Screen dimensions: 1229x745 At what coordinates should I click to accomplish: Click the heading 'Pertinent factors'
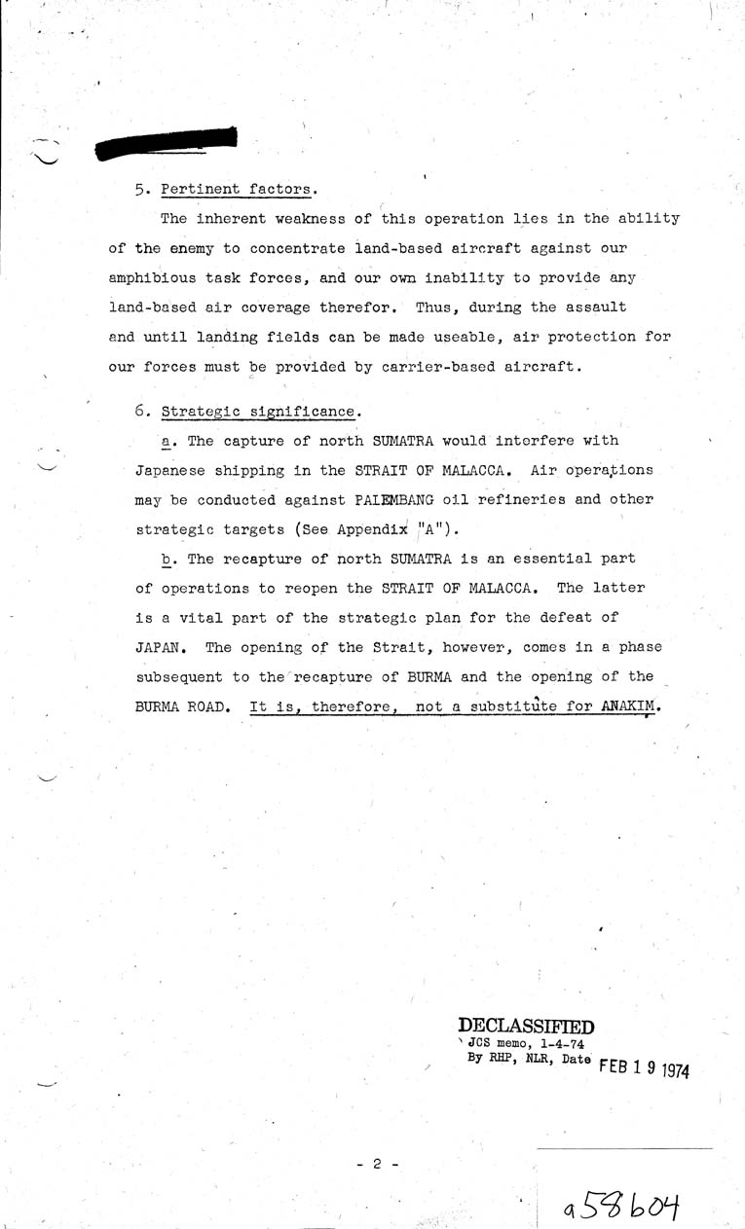[239, 188]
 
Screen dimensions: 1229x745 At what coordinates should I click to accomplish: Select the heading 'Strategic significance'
[257, 412]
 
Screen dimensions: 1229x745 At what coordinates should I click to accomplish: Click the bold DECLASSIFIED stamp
[526, 1025]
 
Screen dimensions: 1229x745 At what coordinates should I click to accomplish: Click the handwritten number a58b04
[618, 1208]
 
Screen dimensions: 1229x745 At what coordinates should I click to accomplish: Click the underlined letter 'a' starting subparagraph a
[167, 441]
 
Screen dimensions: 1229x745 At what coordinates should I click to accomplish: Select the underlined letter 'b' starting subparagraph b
[167, 559]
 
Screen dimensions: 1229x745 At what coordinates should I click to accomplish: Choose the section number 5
[140, 188]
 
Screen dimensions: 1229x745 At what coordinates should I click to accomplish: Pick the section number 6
[140, 412]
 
